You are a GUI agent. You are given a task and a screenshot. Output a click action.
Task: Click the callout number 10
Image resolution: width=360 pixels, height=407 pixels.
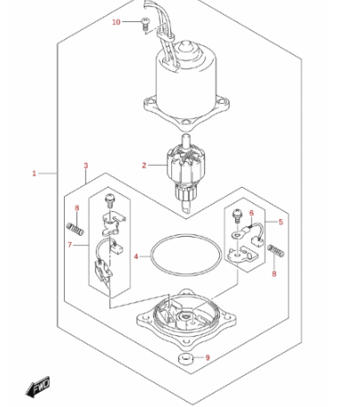[116, 22]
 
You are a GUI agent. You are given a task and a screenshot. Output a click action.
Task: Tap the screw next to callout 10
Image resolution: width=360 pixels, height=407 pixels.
[145, 24]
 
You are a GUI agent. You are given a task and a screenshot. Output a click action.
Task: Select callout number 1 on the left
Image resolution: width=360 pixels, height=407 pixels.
[35, 174]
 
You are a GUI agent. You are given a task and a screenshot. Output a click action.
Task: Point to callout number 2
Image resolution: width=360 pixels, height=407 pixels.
[144, 165]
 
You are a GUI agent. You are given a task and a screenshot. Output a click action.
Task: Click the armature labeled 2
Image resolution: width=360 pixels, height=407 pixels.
[184, 173]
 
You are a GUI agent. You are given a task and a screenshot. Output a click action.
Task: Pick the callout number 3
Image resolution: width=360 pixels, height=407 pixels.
[86, 166]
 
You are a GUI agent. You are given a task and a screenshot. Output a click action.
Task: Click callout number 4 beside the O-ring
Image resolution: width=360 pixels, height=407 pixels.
[136, 256]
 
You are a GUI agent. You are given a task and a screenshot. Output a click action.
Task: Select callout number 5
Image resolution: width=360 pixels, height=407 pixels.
[281, 222]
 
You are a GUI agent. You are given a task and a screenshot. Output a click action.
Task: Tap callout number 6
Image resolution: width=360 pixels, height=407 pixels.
[252, 213]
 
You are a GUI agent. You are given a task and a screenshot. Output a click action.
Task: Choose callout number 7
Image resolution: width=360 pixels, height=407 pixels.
[70, 245]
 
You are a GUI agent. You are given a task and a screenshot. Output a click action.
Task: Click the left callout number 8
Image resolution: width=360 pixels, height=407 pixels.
[77, 208]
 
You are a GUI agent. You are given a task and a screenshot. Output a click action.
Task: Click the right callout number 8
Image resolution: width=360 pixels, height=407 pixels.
[274, 274]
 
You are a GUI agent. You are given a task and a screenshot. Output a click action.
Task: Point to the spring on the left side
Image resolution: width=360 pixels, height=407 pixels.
[75, 230]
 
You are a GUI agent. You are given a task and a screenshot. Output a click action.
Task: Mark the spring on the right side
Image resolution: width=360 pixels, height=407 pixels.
[277, 251]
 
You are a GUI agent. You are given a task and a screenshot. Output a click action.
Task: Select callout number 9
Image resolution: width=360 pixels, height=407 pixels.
[207, 357]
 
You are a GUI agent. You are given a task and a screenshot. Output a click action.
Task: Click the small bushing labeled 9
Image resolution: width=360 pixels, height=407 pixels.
[185, 359]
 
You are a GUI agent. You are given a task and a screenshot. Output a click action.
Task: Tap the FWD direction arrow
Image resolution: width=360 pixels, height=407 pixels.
[37, 387]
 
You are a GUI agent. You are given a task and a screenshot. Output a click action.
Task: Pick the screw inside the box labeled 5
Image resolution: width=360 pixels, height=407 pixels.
[238, 216]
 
